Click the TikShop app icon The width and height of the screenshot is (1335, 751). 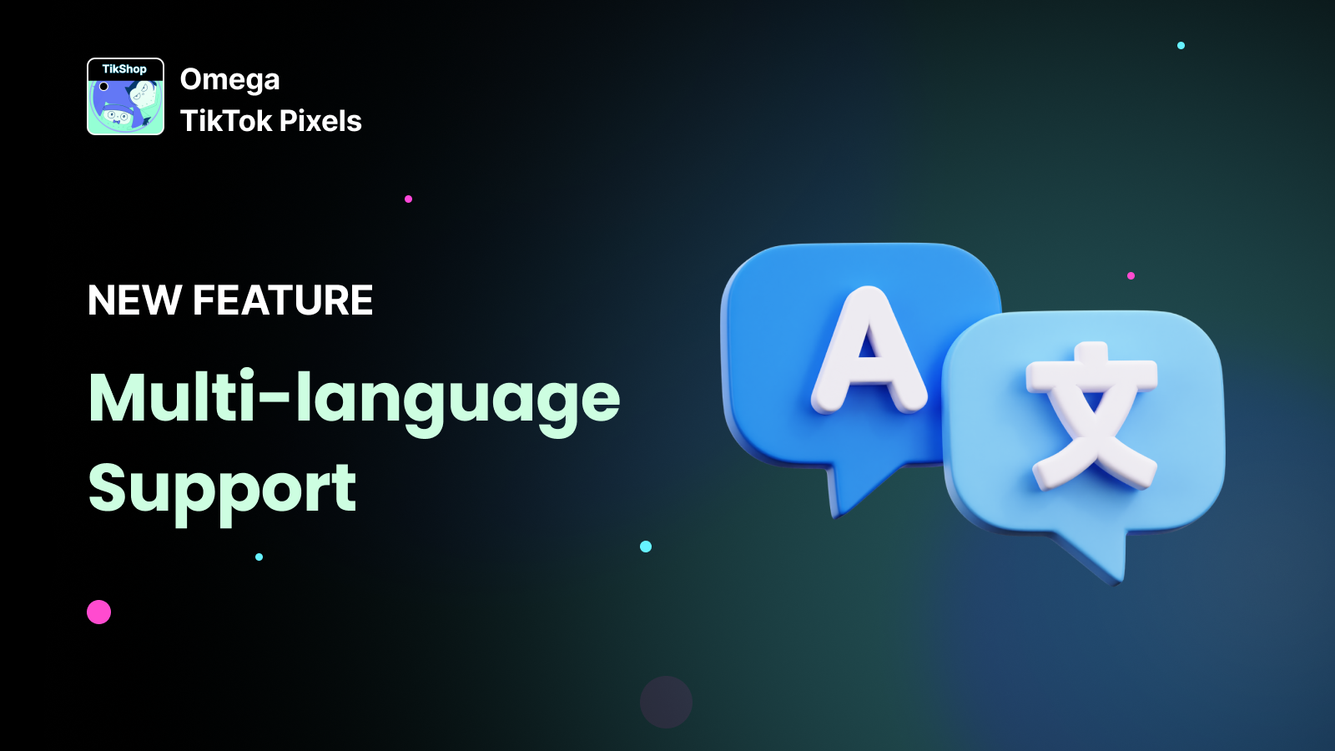(125, 97)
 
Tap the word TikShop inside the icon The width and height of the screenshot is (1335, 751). (124, 69)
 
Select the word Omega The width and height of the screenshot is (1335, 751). (230, 80)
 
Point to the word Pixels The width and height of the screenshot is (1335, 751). (320, 121)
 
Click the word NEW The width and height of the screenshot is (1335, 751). (134, 300)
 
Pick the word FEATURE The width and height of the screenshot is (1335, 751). (283, 300)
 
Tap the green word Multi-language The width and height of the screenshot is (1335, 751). (355, 398)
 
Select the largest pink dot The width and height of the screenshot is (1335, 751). (99, 612)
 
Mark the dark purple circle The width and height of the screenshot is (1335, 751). (666, 702)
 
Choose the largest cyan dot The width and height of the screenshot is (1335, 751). (646, 547)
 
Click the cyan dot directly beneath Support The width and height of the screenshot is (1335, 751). (259, 557)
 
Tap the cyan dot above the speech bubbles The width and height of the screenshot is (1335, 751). (1181, 45)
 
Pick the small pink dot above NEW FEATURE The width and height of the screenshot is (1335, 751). (408, 199)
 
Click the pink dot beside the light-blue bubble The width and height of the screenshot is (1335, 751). (1131, 275)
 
